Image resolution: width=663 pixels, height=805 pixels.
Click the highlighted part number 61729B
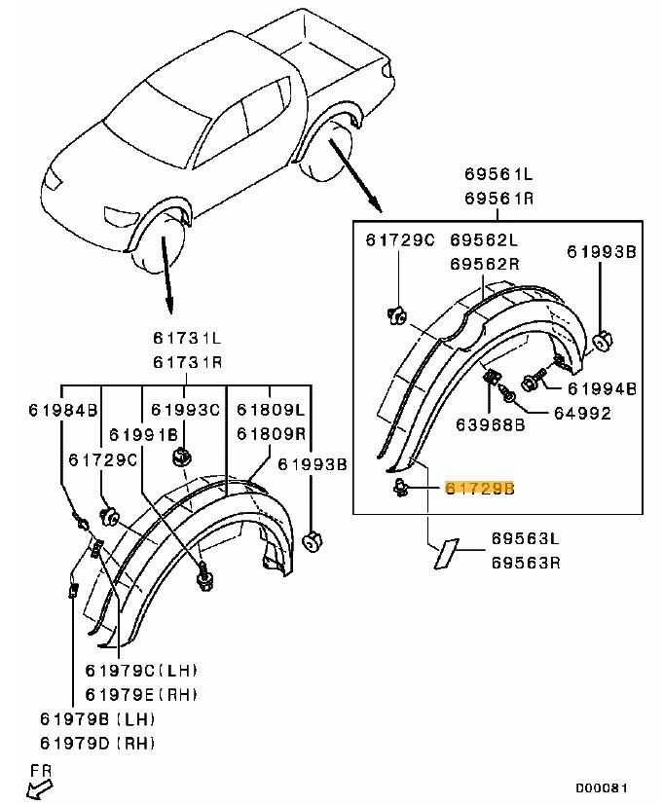pyautogui.click(x=478, y=489)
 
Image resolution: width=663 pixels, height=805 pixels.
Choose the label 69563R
pyautogui.click(x=525, y=563)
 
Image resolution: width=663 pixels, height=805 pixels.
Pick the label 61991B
pyautogui.click(x=142, y=434)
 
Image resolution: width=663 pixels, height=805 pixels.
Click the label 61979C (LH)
pyautogui.click(x=141, y=670)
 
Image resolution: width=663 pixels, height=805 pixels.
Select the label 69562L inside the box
pyautogui.click(x=484, y=239)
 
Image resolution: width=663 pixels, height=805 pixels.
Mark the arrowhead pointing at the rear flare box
pyautogui.click(x=375, y=203)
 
